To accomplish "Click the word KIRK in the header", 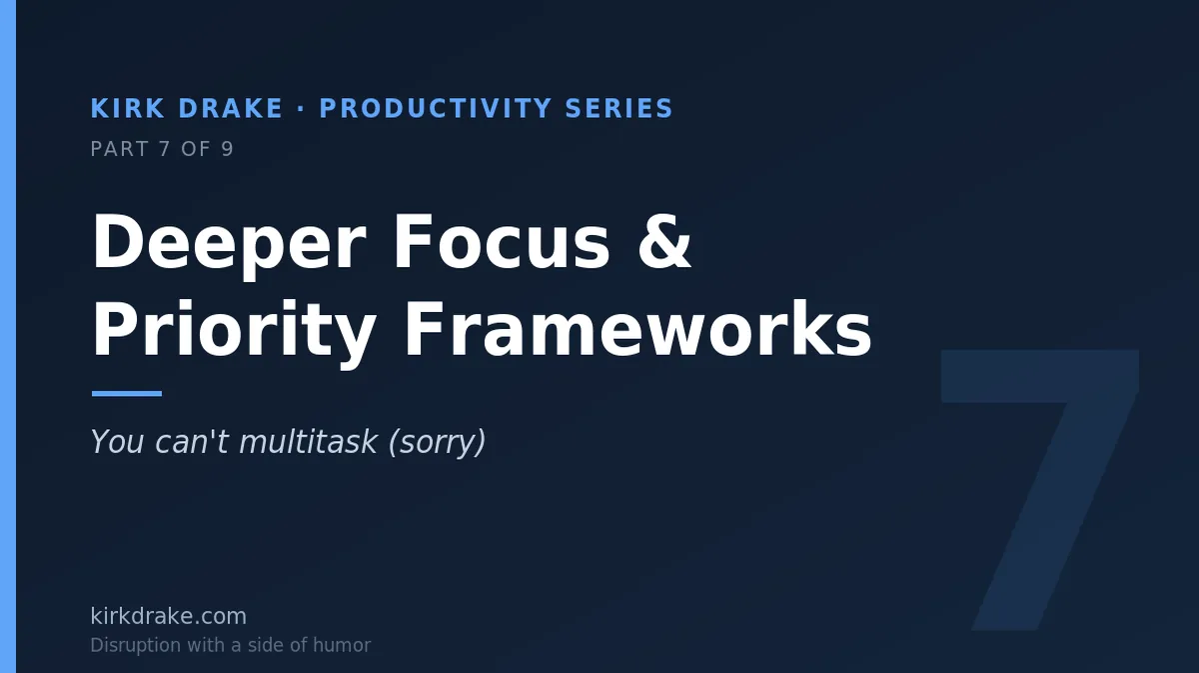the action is pyautogui.click(x=128, y=108).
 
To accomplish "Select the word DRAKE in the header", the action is pyautogui.click(x=230, y=108).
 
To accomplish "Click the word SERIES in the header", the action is pyautogui.click(x=618, y=108).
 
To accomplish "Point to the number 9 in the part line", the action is pyautogui.click(x=228, y=149).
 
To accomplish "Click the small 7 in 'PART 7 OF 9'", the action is pyautogui.click(x=164, y=149).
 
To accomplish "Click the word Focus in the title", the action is pyautogui.click(x=502, y=242).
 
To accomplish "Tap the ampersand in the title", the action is pyautogui.click(x=664, y=242).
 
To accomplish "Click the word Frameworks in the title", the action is pyautogui.click(x=638, y=329).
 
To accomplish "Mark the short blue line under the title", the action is pyautogui.click(x=127, y=394).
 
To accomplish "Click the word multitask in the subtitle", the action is pyautogui.click(x=308, y=442).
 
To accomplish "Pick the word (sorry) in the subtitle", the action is pyautogui.click(x=437, y=443).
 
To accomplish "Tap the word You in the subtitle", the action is pyautogui.click(x=117, y=442).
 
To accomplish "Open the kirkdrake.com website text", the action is pyautogui.click(x=169, y=616).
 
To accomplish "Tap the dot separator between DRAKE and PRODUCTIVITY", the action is pyautogui.click(x=301, y=109).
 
